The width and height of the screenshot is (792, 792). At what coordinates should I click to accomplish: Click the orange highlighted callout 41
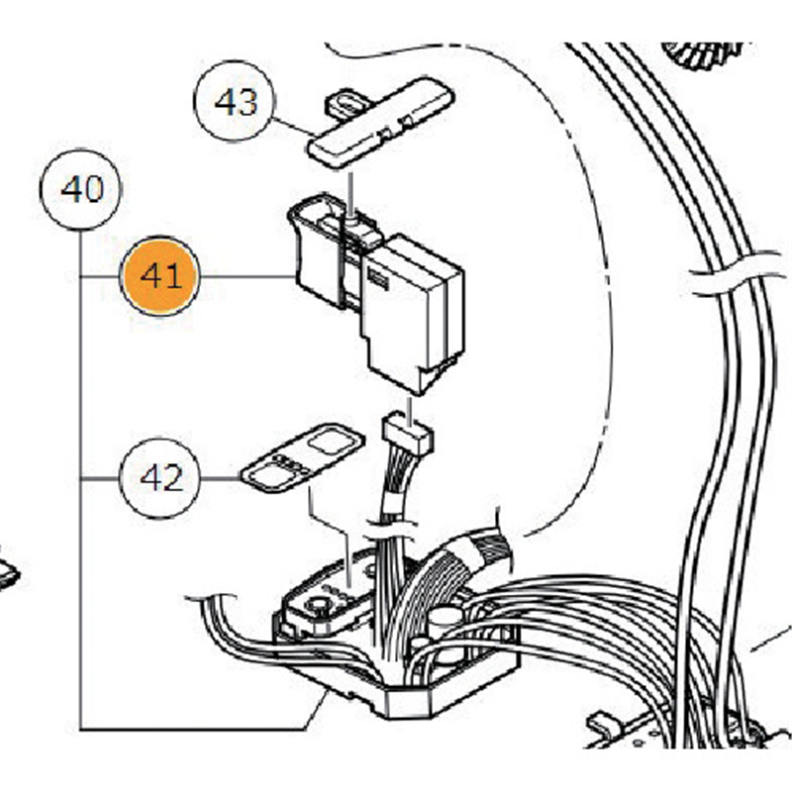click(160, 277)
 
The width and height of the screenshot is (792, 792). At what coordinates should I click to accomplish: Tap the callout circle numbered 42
click(159, 478)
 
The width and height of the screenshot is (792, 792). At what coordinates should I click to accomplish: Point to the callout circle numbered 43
click(236, 103)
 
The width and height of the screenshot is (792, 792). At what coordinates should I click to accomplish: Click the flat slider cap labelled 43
click(381, 129)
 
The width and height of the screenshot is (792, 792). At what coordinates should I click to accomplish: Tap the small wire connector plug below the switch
click(407, 433)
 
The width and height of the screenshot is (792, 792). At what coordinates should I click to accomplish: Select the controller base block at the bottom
click(396, 683)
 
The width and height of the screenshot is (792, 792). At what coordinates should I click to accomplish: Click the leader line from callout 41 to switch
click(247, 277)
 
